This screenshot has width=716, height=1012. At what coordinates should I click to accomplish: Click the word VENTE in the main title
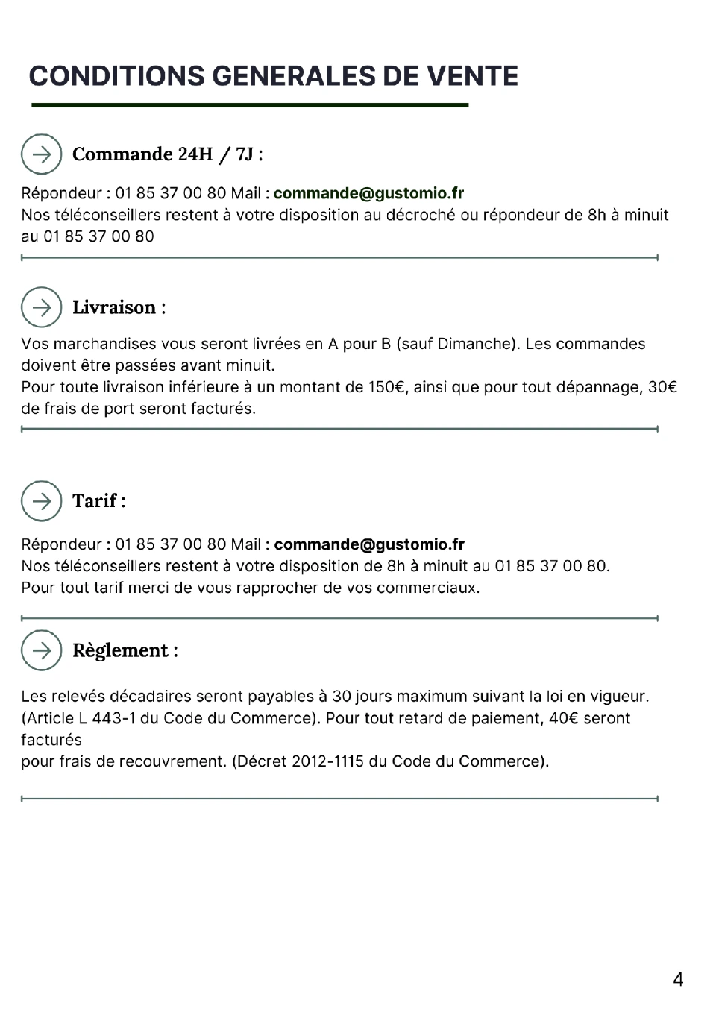(472, 76)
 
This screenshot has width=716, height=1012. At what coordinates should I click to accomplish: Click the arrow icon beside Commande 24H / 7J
(41, 154)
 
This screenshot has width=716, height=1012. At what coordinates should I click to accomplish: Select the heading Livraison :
(119, 307)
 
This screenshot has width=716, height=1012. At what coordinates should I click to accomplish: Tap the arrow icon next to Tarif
(41, 500)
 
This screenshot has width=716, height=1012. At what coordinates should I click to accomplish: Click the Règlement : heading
(125, 650)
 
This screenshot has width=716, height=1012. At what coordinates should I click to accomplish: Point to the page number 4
(677, 979)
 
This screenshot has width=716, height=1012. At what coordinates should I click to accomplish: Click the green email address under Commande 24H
(368, 193)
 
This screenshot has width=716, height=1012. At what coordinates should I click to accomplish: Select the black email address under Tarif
(369, 544)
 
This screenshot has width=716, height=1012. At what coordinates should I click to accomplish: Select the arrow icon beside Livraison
(41, 307)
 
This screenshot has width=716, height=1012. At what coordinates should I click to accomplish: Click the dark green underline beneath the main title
(250, 105)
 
